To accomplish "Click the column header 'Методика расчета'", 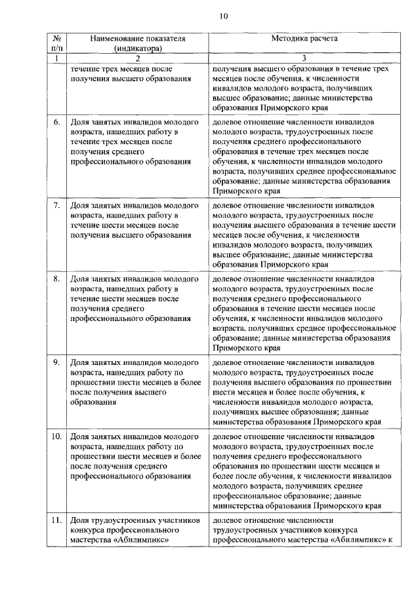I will click(304, 39).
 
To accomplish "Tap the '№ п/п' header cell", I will click(56, 43).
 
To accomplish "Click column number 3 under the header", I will click(304, 59).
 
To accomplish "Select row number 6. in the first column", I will click(56, 123).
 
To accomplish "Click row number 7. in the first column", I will click(56, 205).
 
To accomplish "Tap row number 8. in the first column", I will click(56, 279).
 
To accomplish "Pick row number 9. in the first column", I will click(56, 362).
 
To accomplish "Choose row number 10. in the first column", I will click(56, 436).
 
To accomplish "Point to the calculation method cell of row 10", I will click(304, 470).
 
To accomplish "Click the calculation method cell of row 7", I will click(304, 235).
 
